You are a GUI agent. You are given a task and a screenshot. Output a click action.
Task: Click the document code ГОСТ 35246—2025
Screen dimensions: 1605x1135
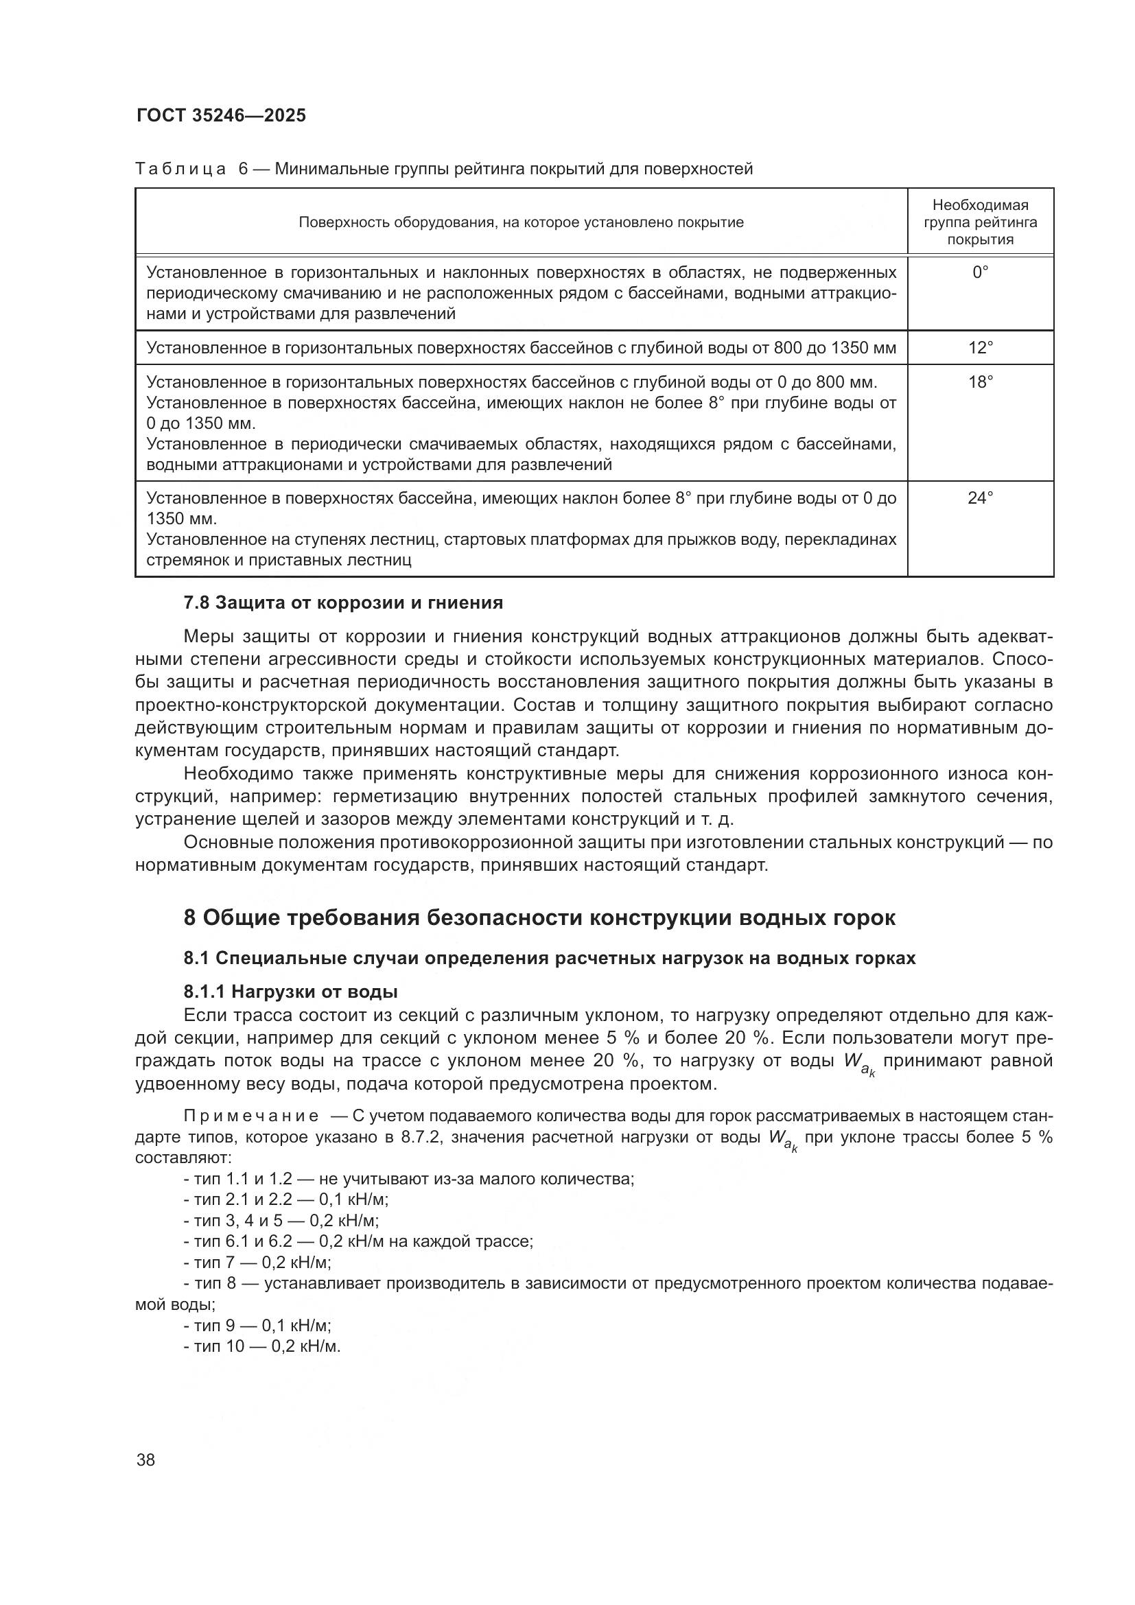pyautogui.click(x=221, y=116)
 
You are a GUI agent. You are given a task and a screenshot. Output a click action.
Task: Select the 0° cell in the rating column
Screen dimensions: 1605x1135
pyautogui.click(x=980, y=272)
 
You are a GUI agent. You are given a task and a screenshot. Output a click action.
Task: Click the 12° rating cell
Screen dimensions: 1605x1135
pyautogui.click(x=980, y=347)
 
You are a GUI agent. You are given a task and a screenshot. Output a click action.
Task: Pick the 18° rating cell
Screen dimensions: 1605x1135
pyautogui.click(x=980, y=382)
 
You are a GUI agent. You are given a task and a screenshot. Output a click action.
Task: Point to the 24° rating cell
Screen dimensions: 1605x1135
pyautogui.click(x=980, y=497)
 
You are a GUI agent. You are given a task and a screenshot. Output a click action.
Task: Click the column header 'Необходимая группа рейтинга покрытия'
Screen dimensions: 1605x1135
pyautogui.click(x=980, y=222)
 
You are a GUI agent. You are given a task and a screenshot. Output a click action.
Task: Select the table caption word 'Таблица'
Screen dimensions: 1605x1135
pyautogui.click(x=180, y=169)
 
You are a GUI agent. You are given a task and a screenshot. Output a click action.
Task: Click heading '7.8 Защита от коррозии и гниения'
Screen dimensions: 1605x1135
pyautogui.click(x=342, y=602)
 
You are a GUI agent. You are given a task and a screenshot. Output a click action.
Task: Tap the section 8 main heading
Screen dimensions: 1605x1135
pyautogui.click(x=539, y=917)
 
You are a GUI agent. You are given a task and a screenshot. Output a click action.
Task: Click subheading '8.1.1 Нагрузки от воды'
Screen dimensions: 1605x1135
pyautogui.click(x=290, y=992)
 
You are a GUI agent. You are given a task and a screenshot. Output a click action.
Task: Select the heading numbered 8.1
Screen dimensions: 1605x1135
pyautogui.click(x=550, y=958)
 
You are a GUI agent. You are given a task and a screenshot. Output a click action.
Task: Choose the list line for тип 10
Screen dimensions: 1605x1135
pyautogui.click(x=262, y=1346)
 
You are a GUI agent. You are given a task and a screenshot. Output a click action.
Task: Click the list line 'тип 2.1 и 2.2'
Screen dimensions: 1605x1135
pyautogui.click(x=286, y=1199)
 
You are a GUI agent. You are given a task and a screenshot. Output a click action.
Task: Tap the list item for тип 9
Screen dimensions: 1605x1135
pyautogui.click(x=257, y=1326)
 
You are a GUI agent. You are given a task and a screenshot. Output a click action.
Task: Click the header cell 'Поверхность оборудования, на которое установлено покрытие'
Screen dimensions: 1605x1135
pyautogui.click(x=521, y=222)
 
